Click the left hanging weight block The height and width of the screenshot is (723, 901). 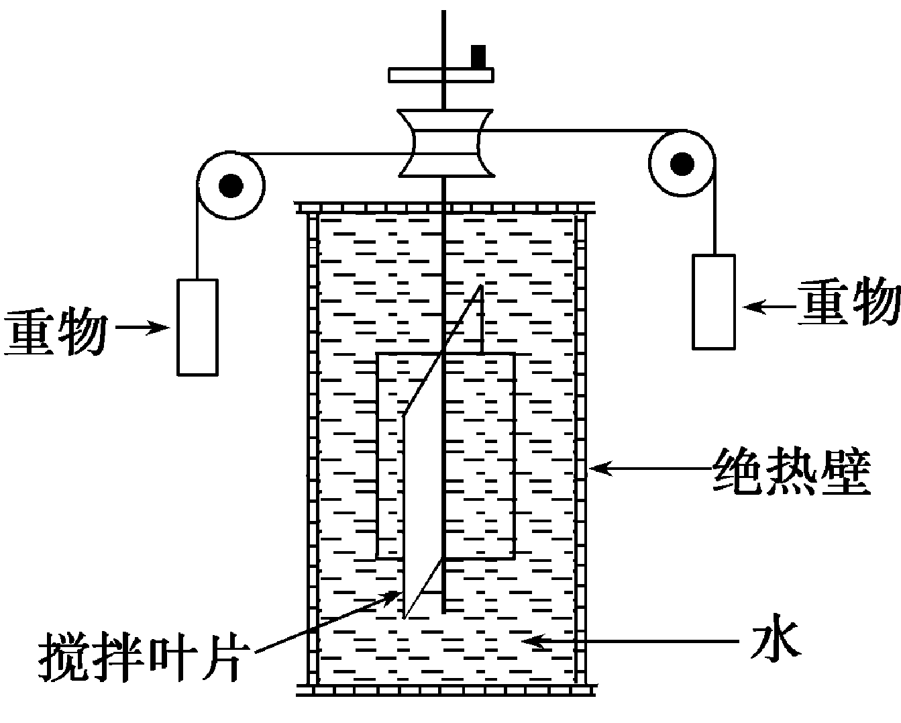197,326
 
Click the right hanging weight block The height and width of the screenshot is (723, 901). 713,301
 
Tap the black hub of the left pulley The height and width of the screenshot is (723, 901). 231,185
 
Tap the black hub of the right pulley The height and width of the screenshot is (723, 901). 683,162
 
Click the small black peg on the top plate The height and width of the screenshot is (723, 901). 478,56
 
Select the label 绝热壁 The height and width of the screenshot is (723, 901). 792,471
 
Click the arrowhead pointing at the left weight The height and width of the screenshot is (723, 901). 161,328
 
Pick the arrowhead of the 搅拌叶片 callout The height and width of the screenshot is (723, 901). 393,595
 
